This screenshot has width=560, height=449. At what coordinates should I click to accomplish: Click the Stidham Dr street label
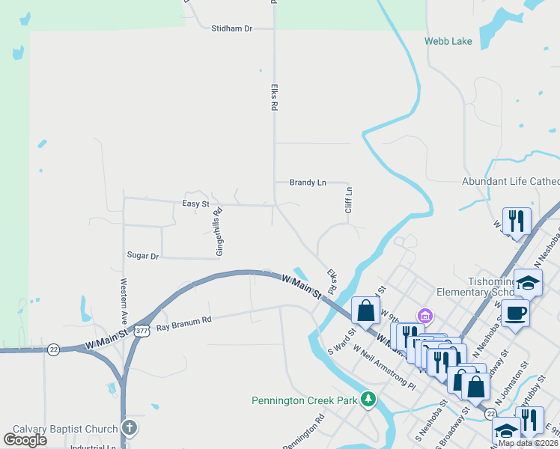pos(232,28)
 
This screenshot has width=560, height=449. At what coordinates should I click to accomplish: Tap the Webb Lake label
pos(448,41)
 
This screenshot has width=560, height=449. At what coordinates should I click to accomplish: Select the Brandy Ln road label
pos(308,183)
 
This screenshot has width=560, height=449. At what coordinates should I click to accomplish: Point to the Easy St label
pos(195,204)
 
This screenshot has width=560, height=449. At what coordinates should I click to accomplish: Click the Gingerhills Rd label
pos(219,232)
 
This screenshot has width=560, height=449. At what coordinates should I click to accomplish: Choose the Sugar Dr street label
pos(143,256)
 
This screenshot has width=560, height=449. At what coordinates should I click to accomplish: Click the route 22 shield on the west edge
pos(53,349)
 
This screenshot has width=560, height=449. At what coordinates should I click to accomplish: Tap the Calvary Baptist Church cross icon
pos(130,428)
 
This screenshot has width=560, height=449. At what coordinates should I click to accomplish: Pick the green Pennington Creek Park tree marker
pos(368,400)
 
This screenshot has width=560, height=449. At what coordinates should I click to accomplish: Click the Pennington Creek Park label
pos(304,400)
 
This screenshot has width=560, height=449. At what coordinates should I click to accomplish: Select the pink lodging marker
pos(424,316)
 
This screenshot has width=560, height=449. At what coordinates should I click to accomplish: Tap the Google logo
pos(25,439)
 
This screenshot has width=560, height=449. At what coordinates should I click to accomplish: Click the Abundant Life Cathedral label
pos(511,182)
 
